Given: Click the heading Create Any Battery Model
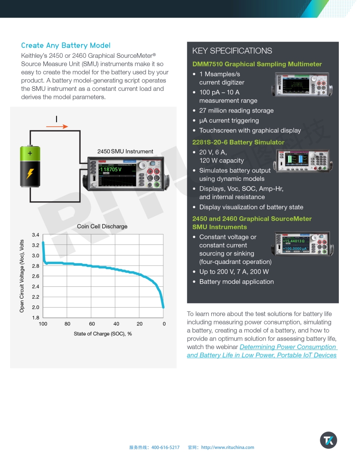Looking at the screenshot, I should (66, 45).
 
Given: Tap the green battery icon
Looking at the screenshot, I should (30, 166).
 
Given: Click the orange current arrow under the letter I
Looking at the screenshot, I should (57, 127).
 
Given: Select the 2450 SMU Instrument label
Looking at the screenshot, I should (125, 151).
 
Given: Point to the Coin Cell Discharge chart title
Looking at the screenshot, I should (102, 226).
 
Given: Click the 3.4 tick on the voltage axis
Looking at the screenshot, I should (35, 235).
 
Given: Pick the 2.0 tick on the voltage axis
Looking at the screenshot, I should (35, 307).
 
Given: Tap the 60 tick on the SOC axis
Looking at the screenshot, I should (92, 324).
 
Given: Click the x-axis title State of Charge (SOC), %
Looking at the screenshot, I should (103, 334).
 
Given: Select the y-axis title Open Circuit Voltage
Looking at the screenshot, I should (22, 276).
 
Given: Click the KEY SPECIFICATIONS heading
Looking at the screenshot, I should (232, 51).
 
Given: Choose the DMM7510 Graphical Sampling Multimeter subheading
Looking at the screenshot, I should (257, 64).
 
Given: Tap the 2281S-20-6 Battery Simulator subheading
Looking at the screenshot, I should (238, 142).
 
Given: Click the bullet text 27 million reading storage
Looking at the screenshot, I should (236, 111).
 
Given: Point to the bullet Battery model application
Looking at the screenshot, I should (236, 282).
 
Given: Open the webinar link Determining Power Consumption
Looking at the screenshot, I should (288, 347).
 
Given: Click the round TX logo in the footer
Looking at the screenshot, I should (328, 440).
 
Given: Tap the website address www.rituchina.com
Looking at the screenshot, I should (228, 447).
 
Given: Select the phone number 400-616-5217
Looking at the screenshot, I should (165, 447).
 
